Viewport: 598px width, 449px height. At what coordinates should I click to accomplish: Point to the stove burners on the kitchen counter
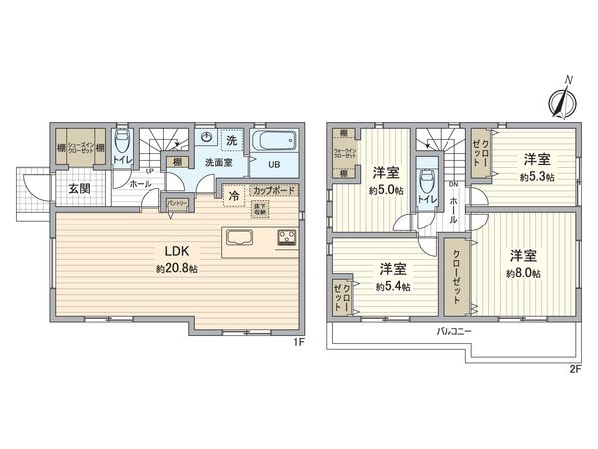(284, 238)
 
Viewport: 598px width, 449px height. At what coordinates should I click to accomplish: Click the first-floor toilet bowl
(122, 140)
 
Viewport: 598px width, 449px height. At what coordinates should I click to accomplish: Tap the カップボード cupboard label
(272, 190)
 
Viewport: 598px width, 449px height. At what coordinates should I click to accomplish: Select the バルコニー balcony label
(453, 330)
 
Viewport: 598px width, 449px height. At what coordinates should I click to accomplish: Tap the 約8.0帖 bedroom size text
(523, 273)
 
